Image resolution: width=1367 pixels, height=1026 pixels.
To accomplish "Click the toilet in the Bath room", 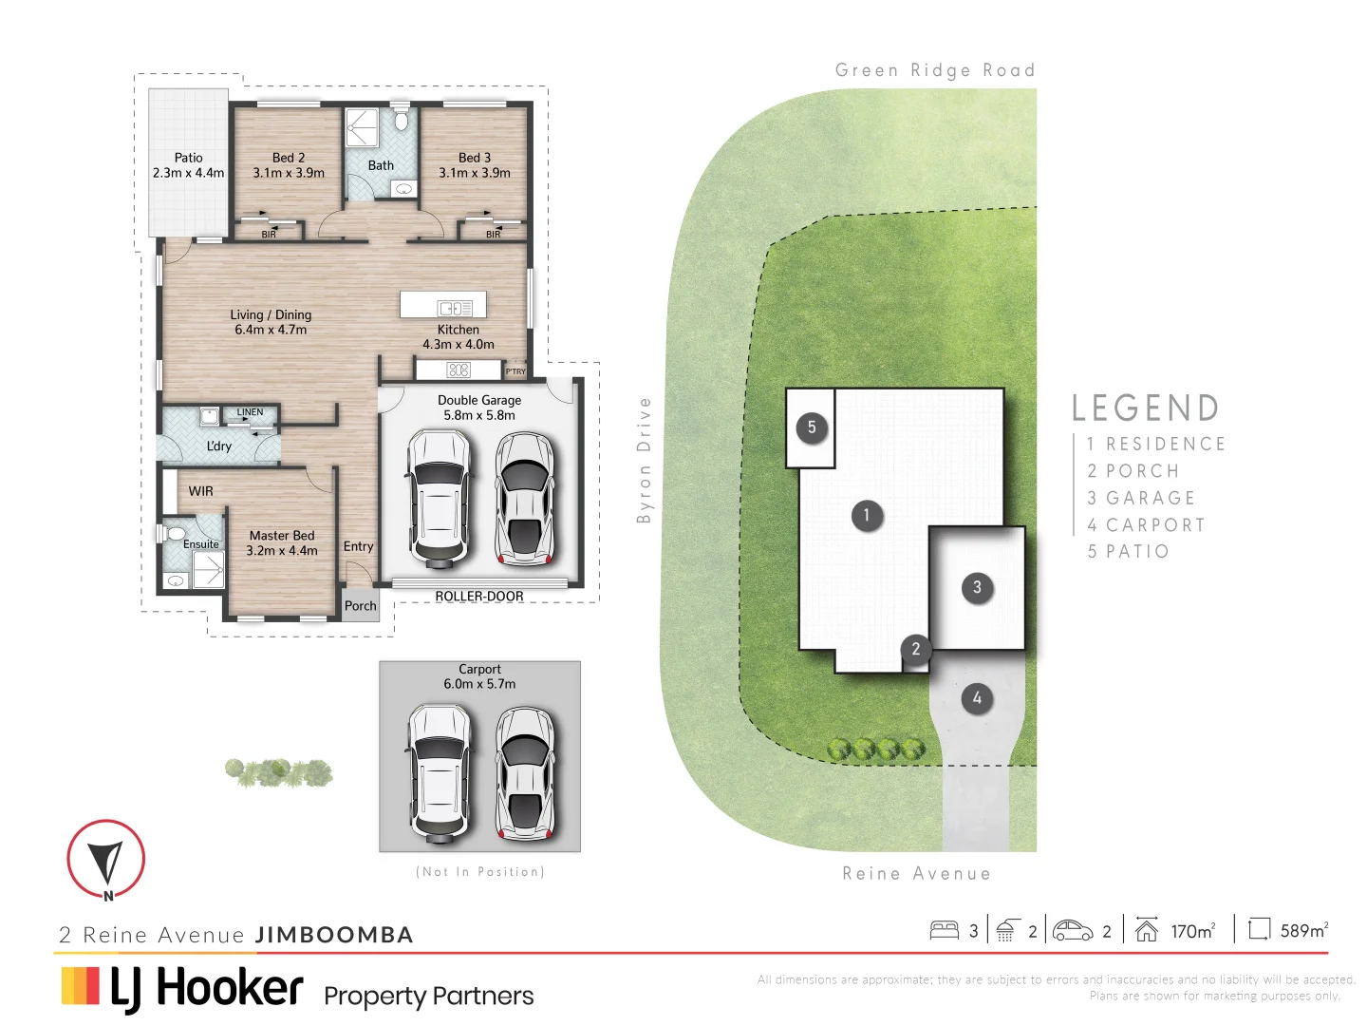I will (x=402, y=121).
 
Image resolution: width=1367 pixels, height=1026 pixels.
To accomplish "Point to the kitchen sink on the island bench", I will (x=454, y=308).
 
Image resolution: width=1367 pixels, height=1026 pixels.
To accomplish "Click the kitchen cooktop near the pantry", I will (x=459, y=370).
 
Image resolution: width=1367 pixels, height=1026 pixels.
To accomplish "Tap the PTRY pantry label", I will (x=515, y=371).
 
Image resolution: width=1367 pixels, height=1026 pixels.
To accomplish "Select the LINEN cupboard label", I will (x=250, y=412).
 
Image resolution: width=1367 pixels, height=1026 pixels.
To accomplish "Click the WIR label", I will (x=200, y=491).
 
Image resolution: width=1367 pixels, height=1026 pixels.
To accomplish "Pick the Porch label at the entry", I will (x=360, y=606).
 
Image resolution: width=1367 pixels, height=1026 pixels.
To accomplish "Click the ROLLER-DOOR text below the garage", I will (x=479, y=597).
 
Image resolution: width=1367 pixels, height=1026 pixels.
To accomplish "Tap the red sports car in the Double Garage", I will (x=524, y=498).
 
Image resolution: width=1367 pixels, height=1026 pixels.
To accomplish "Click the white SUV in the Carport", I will (x=438, y=773).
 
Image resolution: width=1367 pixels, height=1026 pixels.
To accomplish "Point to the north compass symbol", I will (x=106, y=860).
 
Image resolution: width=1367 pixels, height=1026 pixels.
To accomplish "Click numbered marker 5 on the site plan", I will (x=812, y=427).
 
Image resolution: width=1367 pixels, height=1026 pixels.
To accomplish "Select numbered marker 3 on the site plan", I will (x=977, y=587).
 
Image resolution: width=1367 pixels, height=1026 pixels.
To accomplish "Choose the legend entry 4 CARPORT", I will (x=1146, y=525).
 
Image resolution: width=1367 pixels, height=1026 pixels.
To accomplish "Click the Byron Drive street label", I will (x=645, y=461).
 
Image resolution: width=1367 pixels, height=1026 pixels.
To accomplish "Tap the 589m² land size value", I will (x=1303, y=931).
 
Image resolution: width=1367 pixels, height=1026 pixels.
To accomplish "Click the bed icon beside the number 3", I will (x=944, y=930).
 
